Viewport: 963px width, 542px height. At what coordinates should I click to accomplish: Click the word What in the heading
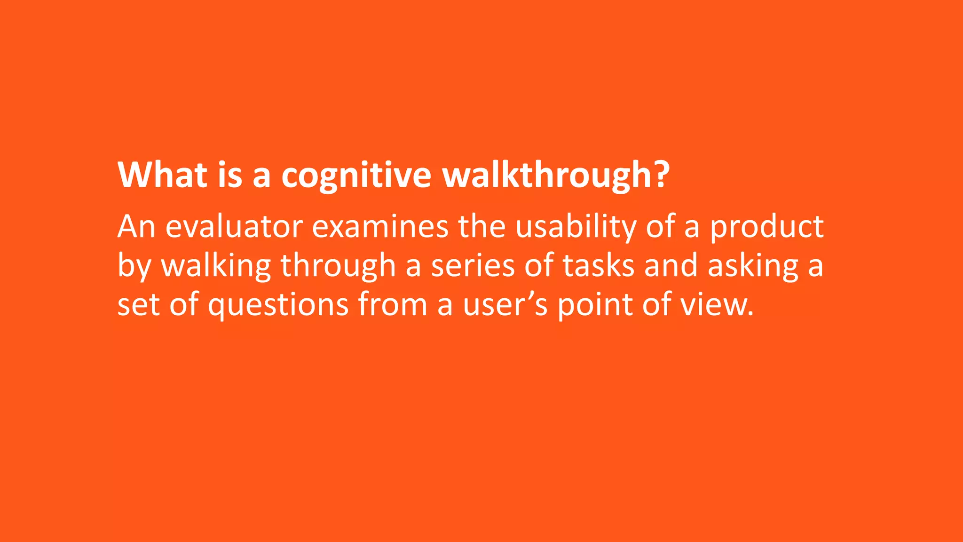tap(162, 175)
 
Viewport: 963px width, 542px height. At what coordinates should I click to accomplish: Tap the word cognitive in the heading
tap(356, 175)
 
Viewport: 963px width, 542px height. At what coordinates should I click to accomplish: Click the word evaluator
tap(234, 227)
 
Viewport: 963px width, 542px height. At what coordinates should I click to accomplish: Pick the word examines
tap(380, 227)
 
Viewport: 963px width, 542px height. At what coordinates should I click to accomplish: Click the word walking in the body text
tap(216, 266)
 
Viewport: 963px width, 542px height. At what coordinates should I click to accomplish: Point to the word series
tap(473, 266)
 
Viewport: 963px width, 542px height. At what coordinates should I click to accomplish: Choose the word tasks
tap(599, 266)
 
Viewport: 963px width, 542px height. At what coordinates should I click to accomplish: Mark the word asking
tap(753, 266)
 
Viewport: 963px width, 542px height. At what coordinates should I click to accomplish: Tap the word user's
tap(505, 305)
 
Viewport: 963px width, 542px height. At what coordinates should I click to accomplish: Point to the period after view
tap(750, 313)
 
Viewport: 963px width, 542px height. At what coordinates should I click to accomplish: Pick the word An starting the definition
tap(136, 227)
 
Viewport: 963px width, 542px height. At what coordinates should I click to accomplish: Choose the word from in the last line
tap(393, 304)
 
